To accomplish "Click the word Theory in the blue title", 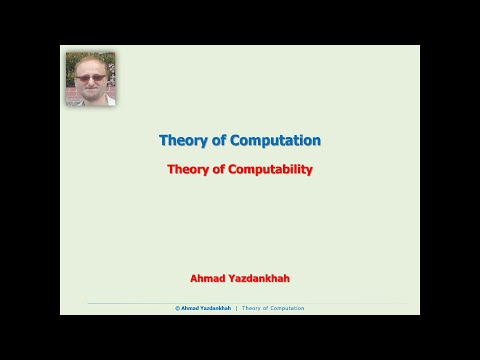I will (182, 141).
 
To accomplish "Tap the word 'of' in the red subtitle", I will (220, 169).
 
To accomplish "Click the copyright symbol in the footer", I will (177, 309).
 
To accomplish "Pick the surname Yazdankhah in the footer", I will (215, 309).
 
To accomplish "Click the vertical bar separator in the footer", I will (236, 309).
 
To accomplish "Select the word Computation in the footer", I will (286, 309).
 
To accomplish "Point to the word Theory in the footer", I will (251, 309).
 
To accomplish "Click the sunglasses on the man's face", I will (90, 77).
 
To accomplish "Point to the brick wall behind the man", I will (72, 97).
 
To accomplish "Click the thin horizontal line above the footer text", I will (240, 303).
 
